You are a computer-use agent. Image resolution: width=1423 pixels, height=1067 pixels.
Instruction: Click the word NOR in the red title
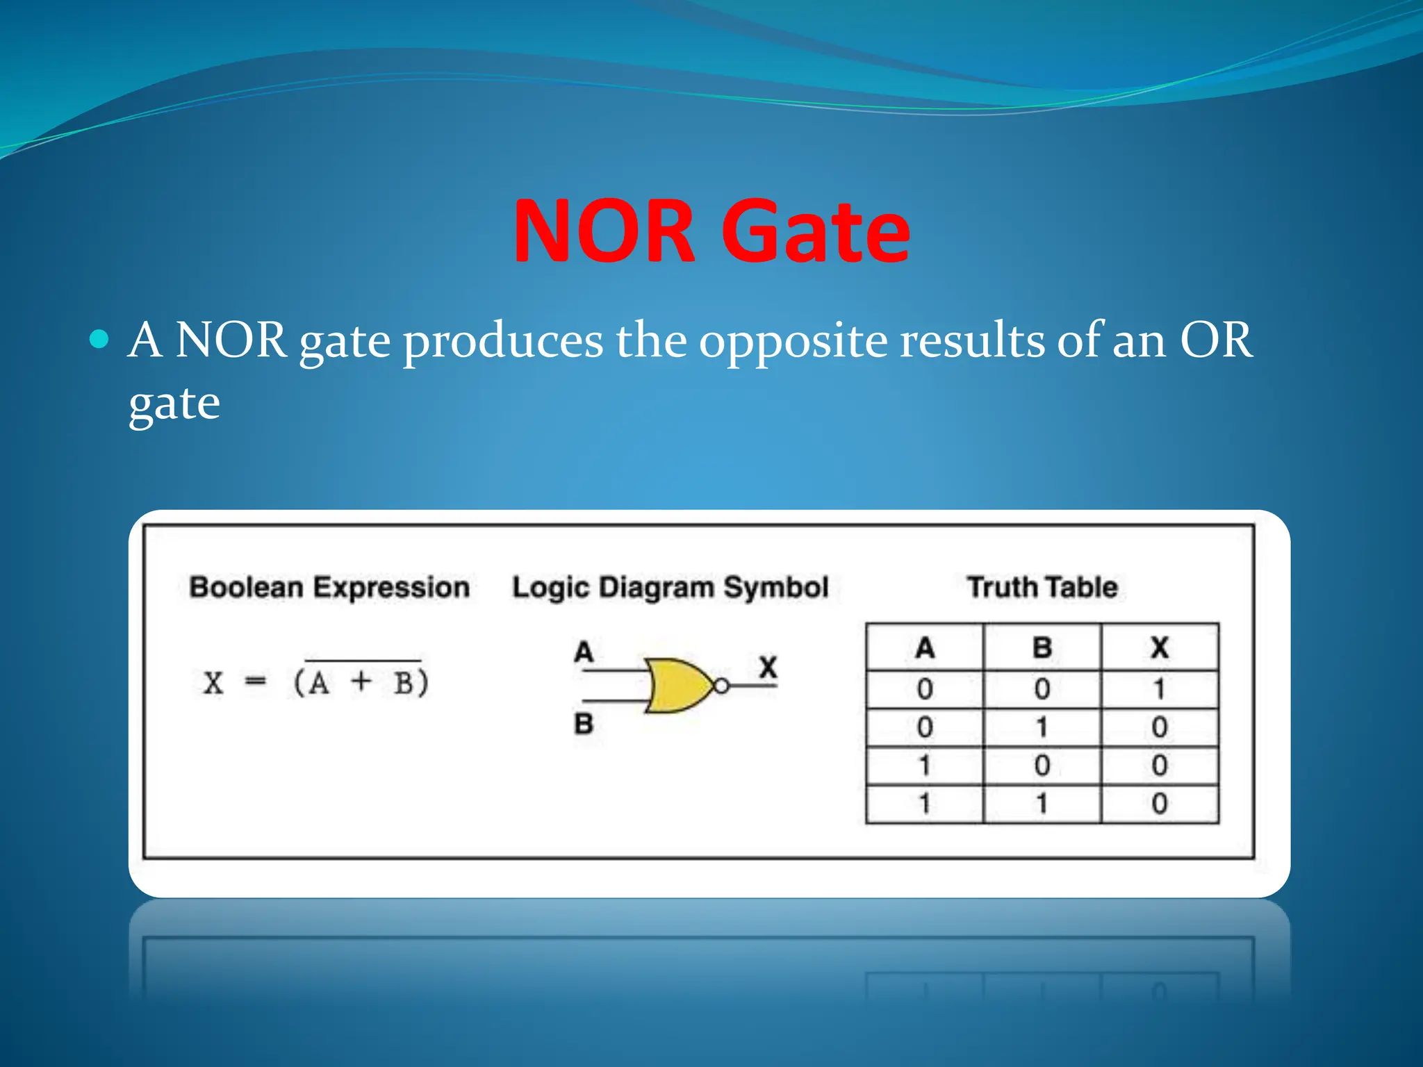603,231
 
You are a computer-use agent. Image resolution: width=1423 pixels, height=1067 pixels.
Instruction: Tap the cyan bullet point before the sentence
100,340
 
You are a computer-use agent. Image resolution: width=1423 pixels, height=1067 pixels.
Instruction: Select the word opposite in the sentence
793,341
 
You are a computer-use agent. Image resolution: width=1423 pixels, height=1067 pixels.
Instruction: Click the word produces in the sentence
503,341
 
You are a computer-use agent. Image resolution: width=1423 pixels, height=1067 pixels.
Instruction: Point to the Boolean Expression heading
329,587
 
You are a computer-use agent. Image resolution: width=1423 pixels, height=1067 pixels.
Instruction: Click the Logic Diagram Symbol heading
671,587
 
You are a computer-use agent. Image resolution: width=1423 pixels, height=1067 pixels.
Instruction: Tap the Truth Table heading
1043,587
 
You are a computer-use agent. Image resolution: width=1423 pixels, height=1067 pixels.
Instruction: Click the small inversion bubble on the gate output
722,686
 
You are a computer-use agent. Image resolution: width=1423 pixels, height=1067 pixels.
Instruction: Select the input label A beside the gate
584,652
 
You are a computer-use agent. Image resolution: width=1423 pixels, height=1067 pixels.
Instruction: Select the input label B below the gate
584,724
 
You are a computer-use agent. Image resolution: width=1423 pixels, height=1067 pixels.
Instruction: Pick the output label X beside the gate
768,667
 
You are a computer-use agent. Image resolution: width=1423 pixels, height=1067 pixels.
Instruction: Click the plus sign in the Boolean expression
361,681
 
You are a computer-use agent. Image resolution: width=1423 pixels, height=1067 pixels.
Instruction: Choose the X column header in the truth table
1159,647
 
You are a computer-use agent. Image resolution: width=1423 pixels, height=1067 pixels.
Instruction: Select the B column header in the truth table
1042,647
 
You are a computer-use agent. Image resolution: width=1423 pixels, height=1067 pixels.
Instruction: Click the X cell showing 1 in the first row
1159,689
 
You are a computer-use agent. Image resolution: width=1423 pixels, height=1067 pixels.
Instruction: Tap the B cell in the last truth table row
1042,804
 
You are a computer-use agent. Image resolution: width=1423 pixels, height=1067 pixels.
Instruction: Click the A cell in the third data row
924,766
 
